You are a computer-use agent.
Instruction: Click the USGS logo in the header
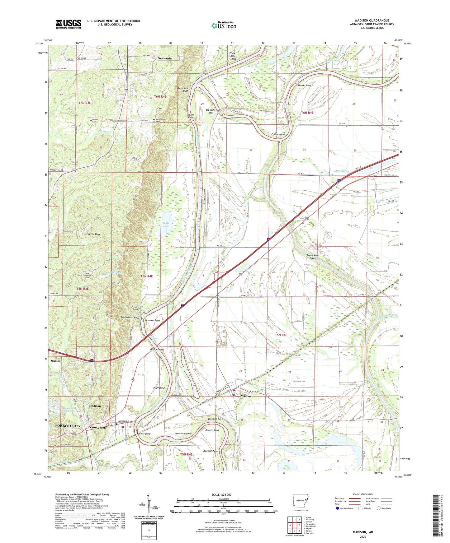tap(69, 24)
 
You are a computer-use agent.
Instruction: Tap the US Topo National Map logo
tap(223, 26)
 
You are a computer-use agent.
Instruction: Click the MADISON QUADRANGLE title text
tap(372, 21)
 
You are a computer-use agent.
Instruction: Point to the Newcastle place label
tap(164, 58)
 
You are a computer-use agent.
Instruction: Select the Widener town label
tap(246, 396)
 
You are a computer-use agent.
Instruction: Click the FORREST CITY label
tap(68, 426)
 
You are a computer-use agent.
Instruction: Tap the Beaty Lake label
tap(166, 224)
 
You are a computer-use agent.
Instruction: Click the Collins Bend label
tap(278, 134)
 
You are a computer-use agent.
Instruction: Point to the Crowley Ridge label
tap(93, 234)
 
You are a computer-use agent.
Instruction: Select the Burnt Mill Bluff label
tap(182, 90)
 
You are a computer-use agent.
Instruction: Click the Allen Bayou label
tap(341, 171)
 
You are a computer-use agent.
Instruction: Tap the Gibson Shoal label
tap(157, 350)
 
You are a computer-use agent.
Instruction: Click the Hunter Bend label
tap(304, 85)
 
